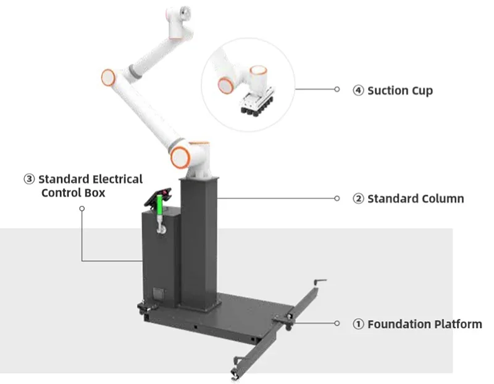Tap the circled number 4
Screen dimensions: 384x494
point(359,91)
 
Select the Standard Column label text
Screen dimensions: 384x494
point(416,198)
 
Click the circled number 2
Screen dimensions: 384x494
point(359,198)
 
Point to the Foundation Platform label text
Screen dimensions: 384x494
point(425,324)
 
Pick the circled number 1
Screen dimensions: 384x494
point(359,324)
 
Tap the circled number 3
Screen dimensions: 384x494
point(29,179)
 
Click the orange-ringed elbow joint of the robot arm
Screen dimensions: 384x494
point(109,77)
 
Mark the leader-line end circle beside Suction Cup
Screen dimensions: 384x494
point(337,89)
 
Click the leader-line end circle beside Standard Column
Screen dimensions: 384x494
point(337,198)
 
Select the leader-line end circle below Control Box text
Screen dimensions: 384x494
point(82,208)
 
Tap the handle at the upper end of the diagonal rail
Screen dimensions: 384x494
point(320,282)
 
